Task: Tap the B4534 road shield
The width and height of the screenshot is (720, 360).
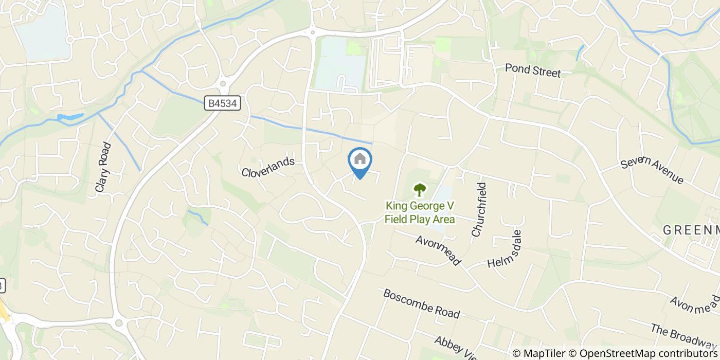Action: click(223, 103)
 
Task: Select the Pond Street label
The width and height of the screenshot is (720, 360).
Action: click(532, 70)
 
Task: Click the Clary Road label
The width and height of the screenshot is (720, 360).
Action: click(103, 168)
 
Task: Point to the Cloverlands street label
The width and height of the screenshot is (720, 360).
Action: click(268, 167)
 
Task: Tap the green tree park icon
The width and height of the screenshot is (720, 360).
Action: click(420, 190)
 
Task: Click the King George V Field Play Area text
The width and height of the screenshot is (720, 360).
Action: click(420, 213)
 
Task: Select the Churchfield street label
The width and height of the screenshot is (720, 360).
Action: click(478, 209)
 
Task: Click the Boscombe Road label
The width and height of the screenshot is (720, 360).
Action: click(421, 303)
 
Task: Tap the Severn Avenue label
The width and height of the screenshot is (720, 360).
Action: click(652, 170)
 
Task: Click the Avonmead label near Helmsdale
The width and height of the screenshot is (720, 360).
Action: click(438, 250)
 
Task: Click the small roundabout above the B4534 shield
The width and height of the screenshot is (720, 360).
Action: click(223, 83)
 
